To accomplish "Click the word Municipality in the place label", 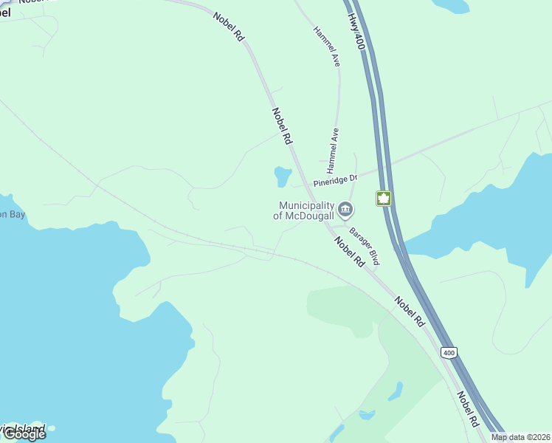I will (306, 205).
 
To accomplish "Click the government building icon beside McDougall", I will (345, 210).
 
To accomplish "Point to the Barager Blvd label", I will (364, 247).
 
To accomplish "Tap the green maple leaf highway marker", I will (383, 198).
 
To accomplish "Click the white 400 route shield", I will (450, 353).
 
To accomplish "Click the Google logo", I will (24, 434).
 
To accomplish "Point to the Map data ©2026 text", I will (520, 437).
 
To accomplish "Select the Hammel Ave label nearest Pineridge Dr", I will (331, 146).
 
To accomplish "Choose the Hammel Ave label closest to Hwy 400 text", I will (326, 47).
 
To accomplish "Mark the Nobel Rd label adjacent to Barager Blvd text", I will (349, 252).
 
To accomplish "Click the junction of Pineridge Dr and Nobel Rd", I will (304, 185).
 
